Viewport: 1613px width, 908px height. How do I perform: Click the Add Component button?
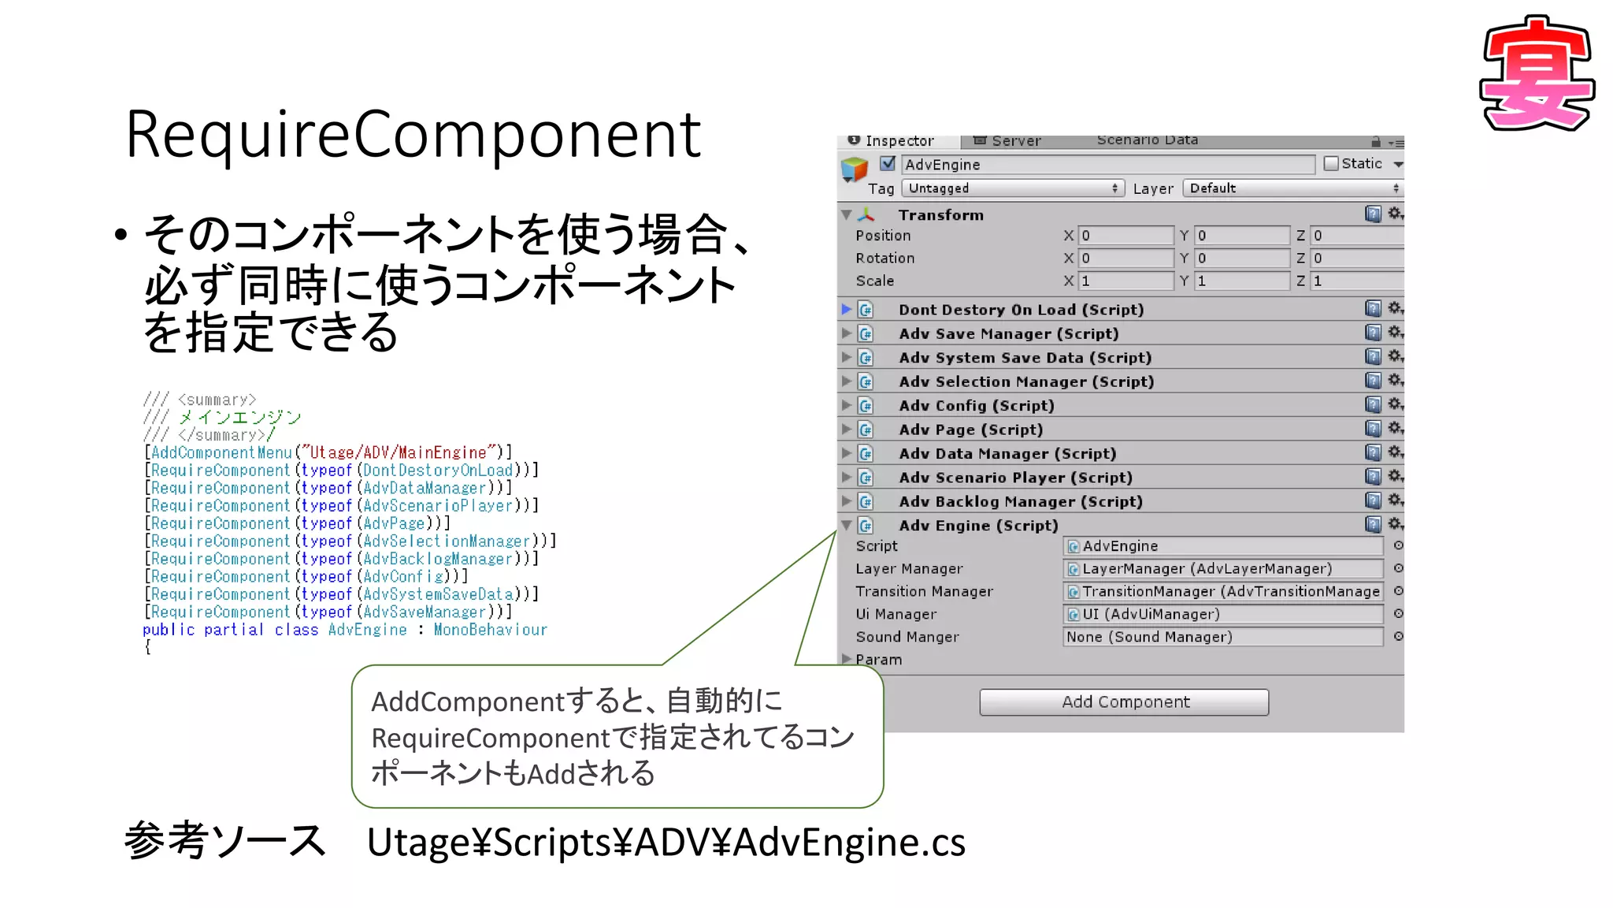(1124, 702)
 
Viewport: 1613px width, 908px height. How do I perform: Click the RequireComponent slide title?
(413, 135)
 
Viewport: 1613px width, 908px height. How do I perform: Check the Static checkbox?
(1331, 164)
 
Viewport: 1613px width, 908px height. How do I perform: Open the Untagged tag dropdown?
(1013, 188)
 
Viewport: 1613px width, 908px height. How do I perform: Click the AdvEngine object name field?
(1107, 165)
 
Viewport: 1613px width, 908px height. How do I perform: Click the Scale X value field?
(1125, 281)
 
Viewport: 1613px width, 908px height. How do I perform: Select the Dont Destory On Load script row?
(1021, 310)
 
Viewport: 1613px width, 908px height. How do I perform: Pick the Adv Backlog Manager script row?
(1020, 501)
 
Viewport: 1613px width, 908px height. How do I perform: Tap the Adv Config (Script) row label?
(976, 406)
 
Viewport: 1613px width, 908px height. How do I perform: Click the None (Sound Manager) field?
(1222, 637)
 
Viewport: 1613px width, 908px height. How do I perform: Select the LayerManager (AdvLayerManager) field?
(1222, 569)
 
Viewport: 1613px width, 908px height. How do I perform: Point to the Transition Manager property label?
(924, 592)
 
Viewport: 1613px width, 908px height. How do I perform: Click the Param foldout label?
(878, 660)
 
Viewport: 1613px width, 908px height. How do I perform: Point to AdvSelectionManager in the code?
(447, 541)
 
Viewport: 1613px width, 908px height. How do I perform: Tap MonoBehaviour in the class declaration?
(490, 630)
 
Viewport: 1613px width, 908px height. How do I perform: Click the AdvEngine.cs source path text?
(666, 842)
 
